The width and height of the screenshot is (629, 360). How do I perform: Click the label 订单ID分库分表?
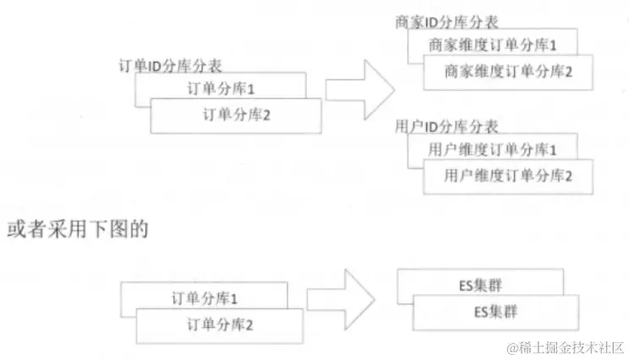(x=172, y=65)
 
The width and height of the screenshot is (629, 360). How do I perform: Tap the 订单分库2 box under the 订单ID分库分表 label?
(x=237, y=115)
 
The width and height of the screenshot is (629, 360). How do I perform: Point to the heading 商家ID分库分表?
(x=446, y=22)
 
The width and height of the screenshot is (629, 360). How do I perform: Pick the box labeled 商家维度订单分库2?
(x=508, y=72)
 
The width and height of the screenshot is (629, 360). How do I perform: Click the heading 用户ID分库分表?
(x=446, y=128)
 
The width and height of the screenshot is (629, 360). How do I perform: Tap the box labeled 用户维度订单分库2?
(x=508, y=176)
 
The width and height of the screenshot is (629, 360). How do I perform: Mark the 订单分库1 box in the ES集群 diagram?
(x=204, y=297)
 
